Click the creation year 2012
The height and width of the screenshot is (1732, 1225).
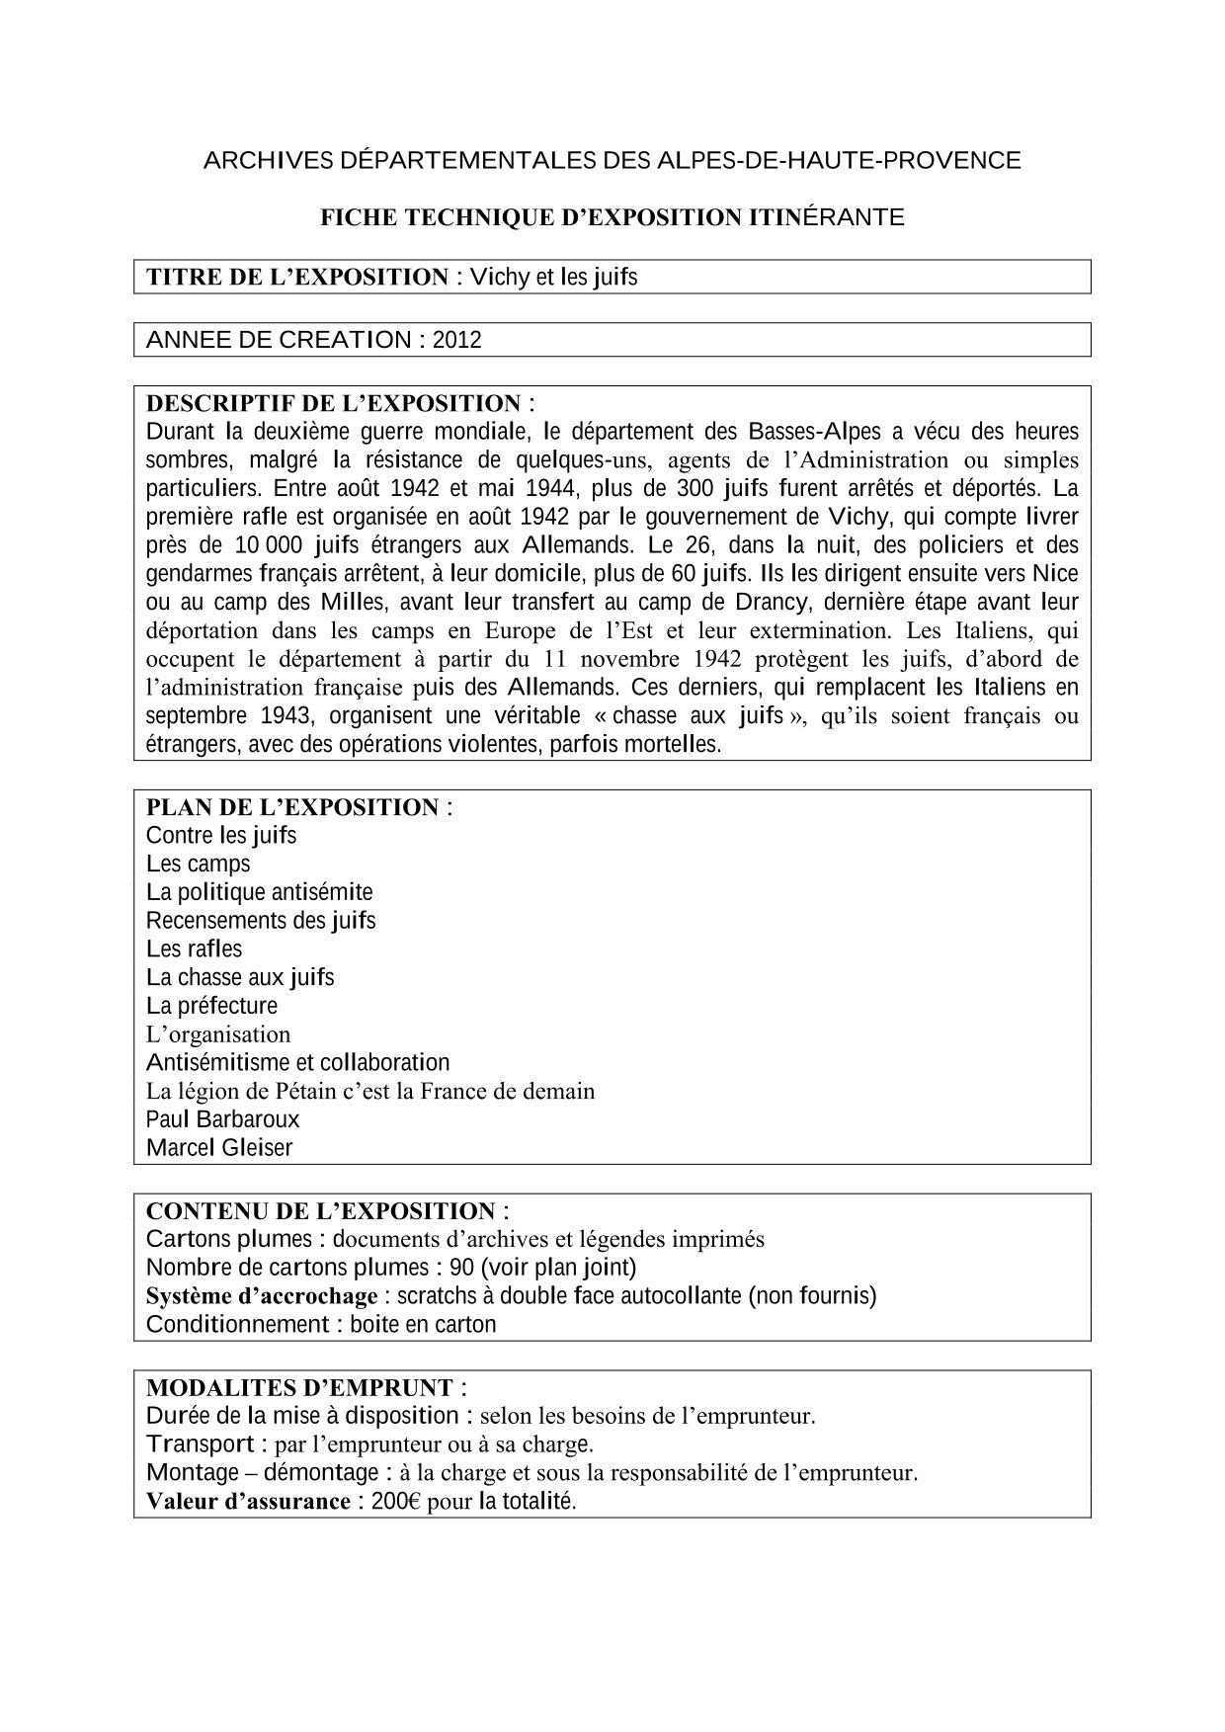point(456,340)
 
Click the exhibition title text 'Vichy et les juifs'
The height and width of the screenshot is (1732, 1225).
point(553,278)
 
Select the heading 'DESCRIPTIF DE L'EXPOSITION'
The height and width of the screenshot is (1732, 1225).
point(333,403)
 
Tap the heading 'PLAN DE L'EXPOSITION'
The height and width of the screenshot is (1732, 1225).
point(291,807)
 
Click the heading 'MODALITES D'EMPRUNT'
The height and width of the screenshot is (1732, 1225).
point(299,1387)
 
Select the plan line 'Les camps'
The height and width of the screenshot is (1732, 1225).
point(199,864)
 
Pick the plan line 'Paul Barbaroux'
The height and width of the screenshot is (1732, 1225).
point(222,1119)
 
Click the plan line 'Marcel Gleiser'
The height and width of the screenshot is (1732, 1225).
point(219,1148)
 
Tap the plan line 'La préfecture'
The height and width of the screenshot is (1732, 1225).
point(211,1006)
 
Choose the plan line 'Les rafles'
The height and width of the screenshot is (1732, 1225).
point(194,948)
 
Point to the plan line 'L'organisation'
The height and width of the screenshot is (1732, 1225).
point(218,1034)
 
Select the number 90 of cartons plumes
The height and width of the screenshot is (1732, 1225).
point(461,1268)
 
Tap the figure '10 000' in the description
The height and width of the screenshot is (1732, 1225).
point(268,544)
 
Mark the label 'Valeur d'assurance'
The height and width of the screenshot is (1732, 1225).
point(248,1502)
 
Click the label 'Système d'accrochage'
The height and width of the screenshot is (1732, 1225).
point(262,1295)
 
